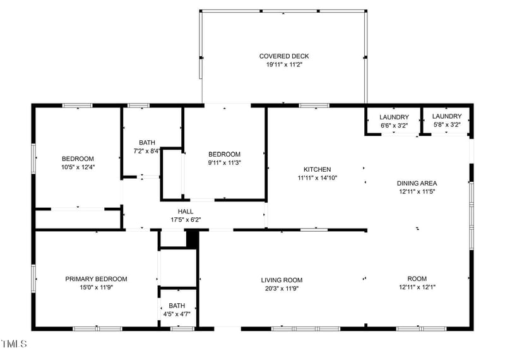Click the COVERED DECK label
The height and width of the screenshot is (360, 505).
coord(284,56)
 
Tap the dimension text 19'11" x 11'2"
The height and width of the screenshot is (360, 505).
coord(284,64)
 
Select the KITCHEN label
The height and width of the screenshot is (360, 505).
coord(317,169)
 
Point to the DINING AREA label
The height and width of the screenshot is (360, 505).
coord(417,183)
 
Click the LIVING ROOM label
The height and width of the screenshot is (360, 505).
coord(282,280)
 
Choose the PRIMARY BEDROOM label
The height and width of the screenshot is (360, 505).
coord(96,279)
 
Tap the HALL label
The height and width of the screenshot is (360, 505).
coord(186,212)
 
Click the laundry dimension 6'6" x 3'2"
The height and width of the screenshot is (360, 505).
coord(394,125)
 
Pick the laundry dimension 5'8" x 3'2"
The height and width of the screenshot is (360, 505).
coord(447,124)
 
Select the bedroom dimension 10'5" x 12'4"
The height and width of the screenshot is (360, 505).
coord(78,167)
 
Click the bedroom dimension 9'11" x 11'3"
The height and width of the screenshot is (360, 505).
coord(224,162)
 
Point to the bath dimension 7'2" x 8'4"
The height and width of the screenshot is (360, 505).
coord(147,151)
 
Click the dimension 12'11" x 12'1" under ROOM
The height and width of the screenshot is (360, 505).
coord(417,287)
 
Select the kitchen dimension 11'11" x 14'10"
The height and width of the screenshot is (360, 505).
coord(317,177)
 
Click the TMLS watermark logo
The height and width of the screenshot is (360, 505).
coord(14,344)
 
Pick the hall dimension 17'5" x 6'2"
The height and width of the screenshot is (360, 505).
coord(186,220)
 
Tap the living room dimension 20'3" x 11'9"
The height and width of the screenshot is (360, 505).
coord(282,288)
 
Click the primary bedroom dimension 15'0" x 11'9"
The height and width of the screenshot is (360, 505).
coord(96,287)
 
